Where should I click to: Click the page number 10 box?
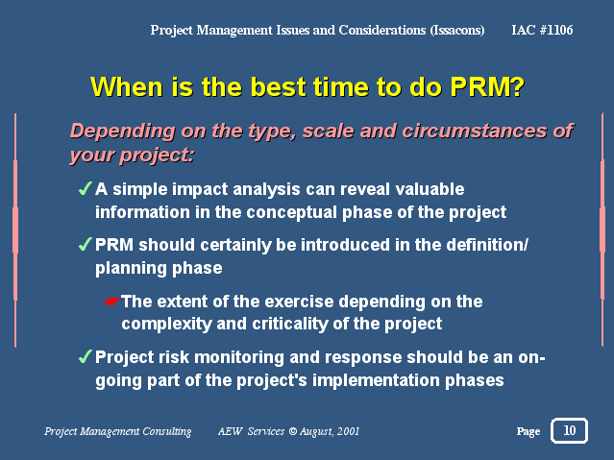pyautogui.click(x=569, y=430)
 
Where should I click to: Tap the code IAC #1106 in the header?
pyautogui.click(x=542, y=30)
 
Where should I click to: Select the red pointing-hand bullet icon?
pyautogui.click(x=112, y=302)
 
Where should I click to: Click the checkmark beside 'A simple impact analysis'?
pyautogui.click(x=86, y=188)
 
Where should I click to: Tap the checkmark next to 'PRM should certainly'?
pyautogui.click(x=86, y=244)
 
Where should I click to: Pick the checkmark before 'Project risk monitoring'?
pyautogui.click(x=86, y=356)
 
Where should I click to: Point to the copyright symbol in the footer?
pyautogui.click(x=293, y=431)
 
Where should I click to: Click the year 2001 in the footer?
pyautogui.click(x=348, y=431)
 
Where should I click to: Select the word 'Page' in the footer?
pyautogui.click(x=528, y=431)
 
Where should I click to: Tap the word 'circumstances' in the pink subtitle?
pyautogui.click(x=476, y=131)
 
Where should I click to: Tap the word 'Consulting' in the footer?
pyautogui.click(x=167, y=431)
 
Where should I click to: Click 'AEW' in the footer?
pyautogui.click(x=231, y=431)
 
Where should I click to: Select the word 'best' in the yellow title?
pyautogui.click(x=279, y=86)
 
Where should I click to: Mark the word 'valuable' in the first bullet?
pyautogui.click(x=430, y=189)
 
